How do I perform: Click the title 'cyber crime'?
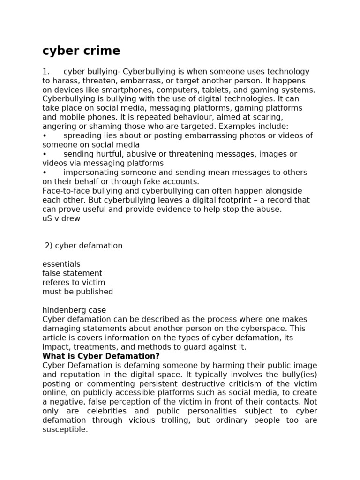[x=81, y=51]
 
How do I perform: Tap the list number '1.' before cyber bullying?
[x=46, y=72]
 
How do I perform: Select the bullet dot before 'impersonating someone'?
[x=45, y=172]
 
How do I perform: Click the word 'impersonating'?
[x=87, y=172]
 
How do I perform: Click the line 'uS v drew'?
[x=61, y=218]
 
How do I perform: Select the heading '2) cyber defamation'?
[x=83, y=246]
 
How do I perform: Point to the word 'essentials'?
[x=61, y=264]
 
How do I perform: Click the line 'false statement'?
[x=72, y=273]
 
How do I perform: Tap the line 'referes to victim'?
[x=74, y=282]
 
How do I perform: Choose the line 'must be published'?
[x=77, y=292]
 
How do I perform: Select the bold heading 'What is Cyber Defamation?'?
[x=101, y=356]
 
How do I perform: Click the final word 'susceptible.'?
[x=65, y=429]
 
